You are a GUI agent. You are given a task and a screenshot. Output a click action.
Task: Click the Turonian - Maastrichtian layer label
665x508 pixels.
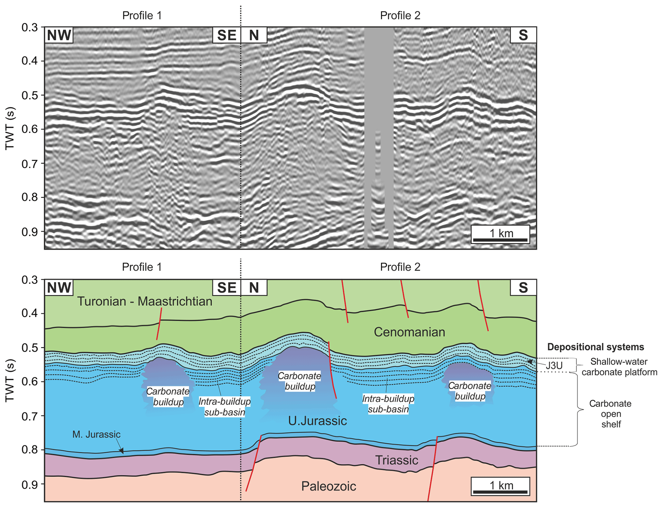coord(145,302)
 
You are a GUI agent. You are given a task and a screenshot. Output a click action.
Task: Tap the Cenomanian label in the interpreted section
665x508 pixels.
coord(409,332)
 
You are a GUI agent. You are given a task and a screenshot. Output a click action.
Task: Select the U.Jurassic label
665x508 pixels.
coord(317,421)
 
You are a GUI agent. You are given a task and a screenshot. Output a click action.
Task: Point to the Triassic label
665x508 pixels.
coord(396,460)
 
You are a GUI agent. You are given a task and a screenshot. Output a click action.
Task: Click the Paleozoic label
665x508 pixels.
coord(328,486)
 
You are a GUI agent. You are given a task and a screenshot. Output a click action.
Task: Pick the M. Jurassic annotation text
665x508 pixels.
coord(96,434)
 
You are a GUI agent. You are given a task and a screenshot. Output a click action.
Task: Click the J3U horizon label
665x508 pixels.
coord(554,366)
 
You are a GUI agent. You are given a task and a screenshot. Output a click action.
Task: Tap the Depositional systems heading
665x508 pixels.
coord(596,347)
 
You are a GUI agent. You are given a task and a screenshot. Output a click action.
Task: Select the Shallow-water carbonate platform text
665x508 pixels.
coord(619,367)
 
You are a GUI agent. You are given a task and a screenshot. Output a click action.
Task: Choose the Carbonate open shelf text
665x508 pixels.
coord(610,414)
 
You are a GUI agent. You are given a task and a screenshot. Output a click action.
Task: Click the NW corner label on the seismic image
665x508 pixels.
coord(59,35)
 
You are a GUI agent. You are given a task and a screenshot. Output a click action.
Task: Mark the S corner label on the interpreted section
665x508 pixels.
coord(523,287)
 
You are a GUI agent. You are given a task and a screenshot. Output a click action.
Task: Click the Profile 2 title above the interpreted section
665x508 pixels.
coord(400,267)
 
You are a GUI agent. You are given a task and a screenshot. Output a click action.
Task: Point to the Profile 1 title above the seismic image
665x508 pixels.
coord(142,15)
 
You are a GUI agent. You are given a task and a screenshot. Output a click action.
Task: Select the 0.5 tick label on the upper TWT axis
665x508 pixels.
coord(30,95)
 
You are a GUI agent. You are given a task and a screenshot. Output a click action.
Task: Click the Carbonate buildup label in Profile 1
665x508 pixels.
coord(168,397)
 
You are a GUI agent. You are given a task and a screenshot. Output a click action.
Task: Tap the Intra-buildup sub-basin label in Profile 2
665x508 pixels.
coord(388,404)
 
